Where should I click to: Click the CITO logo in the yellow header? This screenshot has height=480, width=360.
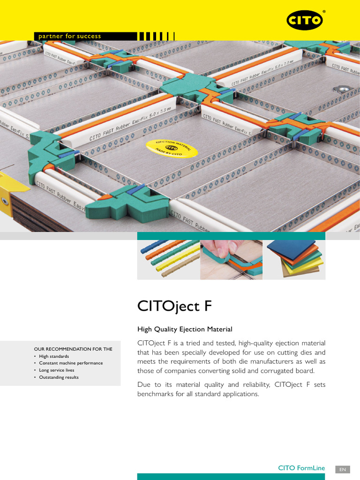pos(305,20)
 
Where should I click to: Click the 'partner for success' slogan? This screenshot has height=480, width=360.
pos(70,36)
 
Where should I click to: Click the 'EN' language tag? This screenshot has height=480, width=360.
pos(343,468)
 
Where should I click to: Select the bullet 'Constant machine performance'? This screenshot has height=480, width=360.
pos(70,363)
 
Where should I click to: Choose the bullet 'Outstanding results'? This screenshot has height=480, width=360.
pos(59,377)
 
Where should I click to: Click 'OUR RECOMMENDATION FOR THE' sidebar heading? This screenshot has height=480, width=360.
pos(73,349)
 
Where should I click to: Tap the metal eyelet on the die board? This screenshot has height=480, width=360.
pos(342,89)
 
